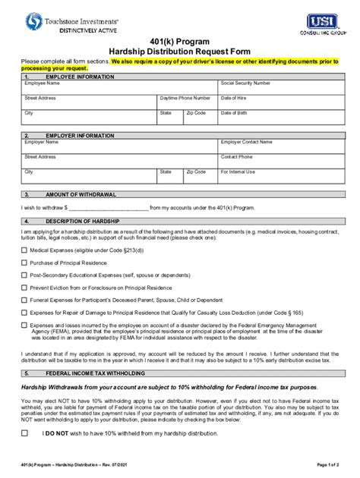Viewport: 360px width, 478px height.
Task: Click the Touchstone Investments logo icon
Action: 34,22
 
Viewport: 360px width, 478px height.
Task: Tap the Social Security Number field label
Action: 245,83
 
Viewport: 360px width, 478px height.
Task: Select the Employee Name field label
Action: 43,83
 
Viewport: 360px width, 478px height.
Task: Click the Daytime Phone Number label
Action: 185,98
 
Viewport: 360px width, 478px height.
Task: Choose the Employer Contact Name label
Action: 251,142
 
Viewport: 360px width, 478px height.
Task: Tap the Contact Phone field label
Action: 236,157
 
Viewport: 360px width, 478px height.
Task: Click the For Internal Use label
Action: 238,171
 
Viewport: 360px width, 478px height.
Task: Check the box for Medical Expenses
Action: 24,250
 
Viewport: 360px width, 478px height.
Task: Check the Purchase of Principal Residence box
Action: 24,263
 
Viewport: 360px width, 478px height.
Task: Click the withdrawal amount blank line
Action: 109,206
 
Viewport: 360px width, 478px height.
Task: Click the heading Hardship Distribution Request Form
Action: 179,51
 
